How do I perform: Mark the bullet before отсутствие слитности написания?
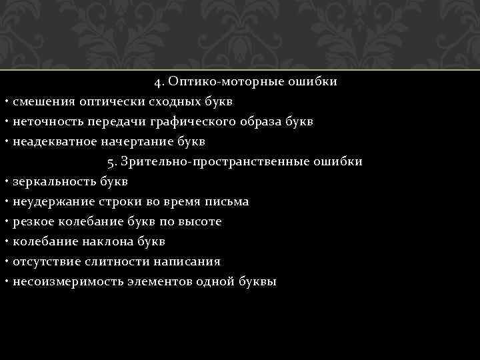click(x=5, y=261)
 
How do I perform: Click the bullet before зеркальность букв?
click(x=5, y=181)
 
